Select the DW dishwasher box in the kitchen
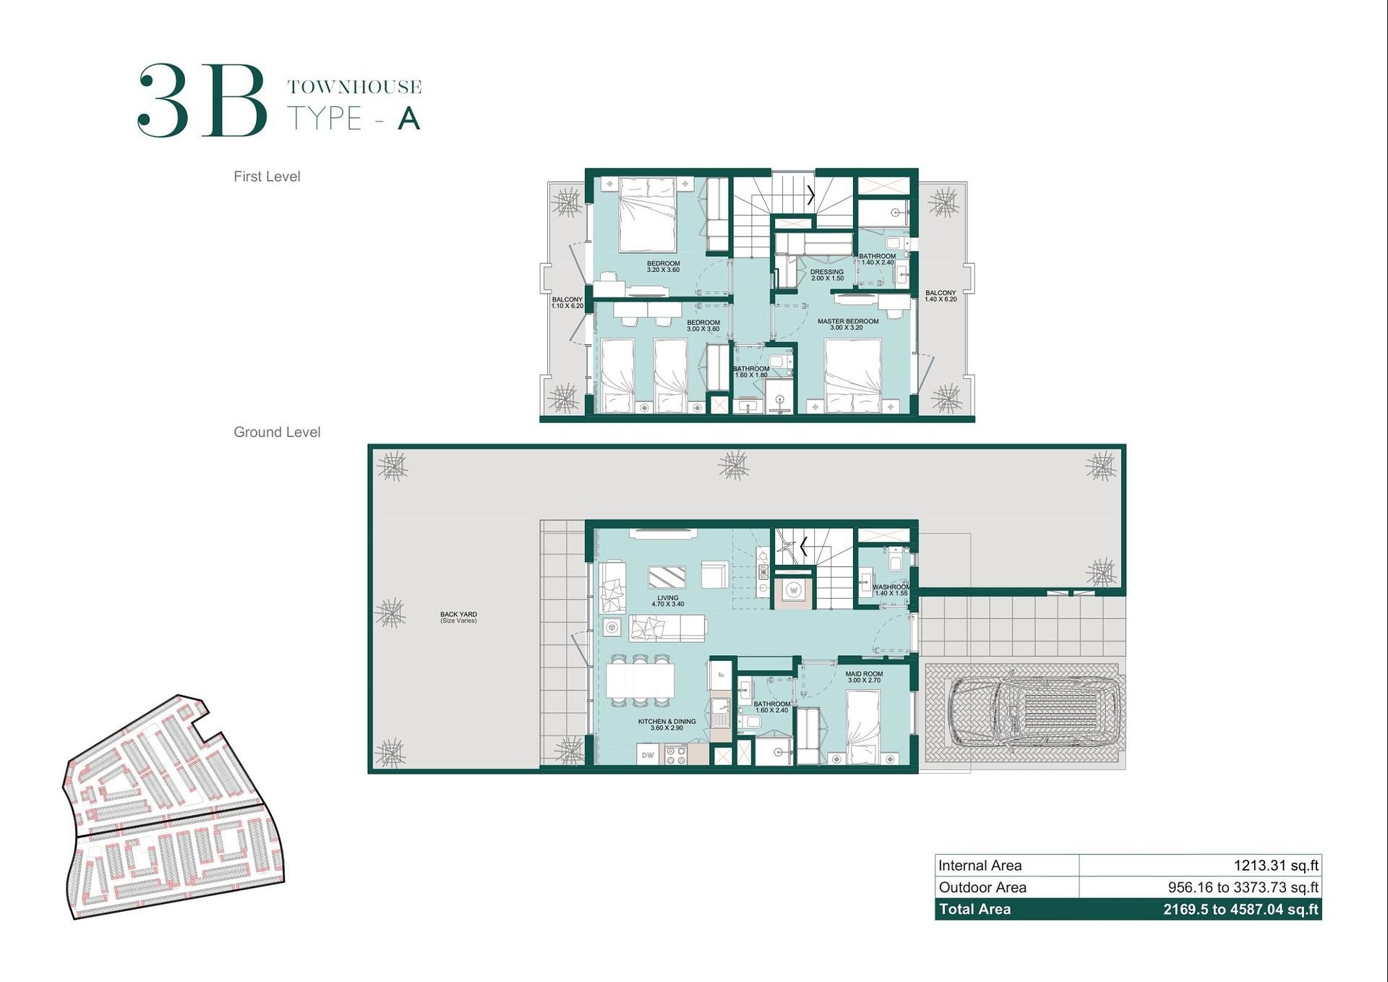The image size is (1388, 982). pyautogui.click(x=648, y=756)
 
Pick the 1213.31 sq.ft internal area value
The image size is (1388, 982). pyautogui.click(x=1275, y=866)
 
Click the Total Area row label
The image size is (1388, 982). pyautogui.click(x=974, y=909)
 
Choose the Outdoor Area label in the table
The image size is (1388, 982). pyautogui.click(x=982, y=887)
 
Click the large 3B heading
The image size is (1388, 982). pyautogui.click(x=202, y=101)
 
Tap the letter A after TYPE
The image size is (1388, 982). pyautogui.click(x=408, y=119)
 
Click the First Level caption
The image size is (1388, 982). pyautogui.click(x=267, y=176)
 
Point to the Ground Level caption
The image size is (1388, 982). pyautogui.click(x=277, y=432)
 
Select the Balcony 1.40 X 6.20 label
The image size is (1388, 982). pyautogui.click(x=940, y=296)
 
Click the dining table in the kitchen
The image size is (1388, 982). pyautogui.click(x=641, y=680)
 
